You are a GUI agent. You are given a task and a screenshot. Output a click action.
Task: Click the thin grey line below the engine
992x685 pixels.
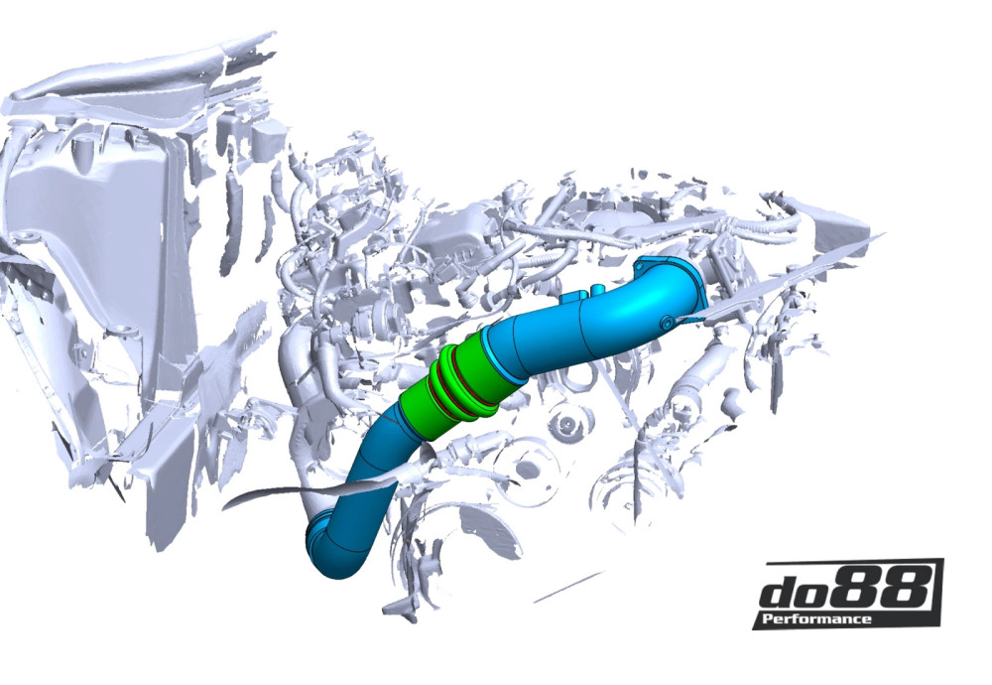567,588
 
